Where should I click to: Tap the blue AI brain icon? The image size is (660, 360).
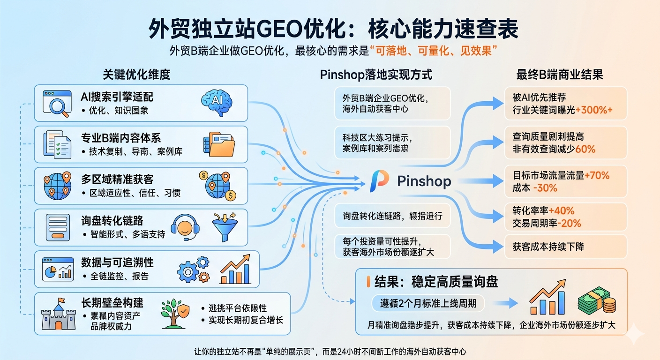point(216,101)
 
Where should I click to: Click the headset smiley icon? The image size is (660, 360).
point(185,227)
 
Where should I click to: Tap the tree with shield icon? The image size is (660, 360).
point(174,313)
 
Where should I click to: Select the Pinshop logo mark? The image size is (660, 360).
point(379,181)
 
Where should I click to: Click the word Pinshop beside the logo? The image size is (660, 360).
point(424,181)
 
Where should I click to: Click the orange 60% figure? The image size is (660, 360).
point(585,149)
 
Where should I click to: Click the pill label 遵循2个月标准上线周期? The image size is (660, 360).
point(427,303)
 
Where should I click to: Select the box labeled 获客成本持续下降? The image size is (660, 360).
point(565,247)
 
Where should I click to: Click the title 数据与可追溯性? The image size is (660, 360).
point(117,262)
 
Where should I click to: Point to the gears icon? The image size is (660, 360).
point(193,269)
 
